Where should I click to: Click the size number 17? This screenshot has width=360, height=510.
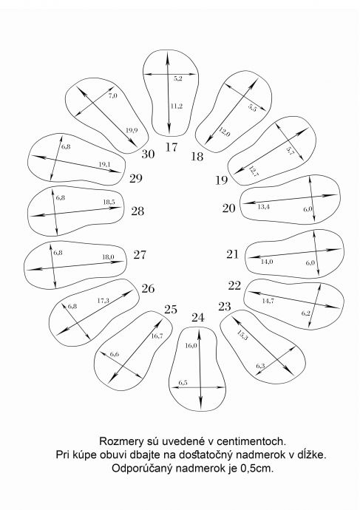171,147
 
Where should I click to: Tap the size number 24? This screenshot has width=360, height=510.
197,317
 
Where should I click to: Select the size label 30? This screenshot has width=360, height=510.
148,154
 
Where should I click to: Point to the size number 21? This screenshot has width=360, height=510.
233,254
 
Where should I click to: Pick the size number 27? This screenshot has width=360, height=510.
140,254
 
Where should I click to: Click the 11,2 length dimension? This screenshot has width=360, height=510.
177,106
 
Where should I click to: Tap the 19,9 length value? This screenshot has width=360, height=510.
132,130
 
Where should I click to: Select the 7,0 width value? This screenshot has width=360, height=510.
112,95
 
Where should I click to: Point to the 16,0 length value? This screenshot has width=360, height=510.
191,345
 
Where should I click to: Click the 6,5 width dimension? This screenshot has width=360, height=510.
183,383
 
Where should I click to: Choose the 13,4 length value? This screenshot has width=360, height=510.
263,206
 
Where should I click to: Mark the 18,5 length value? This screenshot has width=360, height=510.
109,202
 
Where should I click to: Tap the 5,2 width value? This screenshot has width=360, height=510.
177,78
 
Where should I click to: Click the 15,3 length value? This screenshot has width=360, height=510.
242,335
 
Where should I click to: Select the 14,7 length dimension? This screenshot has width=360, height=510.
268,301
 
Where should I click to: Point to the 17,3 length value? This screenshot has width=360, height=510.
103,301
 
